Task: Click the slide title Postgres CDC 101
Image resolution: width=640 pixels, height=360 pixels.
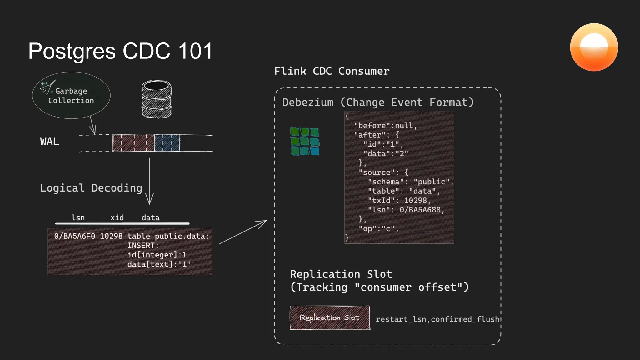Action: pos(120,51)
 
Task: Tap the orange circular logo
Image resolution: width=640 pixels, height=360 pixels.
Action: pos(594,47)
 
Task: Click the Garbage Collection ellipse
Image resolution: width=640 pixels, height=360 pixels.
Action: pos(71,95)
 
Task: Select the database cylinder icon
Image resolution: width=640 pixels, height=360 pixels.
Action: pos(156,99)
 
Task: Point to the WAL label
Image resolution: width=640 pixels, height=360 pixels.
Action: pos(49,142)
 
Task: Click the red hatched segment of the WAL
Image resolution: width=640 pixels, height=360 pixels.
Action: pos(133,143)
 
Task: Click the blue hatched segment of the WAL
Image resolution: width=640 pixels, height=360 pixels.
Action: pos(167,143)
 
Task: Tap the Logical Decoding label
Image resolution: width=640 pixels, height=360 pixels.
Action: pos(91,188)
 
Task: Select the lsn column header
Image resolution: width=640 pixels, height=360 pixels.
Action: pos(78,218)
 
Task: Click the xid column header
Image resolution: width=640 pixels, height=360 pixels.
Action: pos(117,218)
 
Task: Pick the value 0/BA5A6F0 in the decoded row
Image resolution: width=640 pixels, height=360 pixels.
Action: pos(74,236)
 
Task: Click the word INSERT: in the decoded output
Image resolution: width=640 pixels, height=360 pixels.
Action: pos(143,246)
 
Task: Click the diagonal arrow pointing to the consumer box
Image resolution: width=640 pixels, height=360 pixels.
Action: pos(243,232)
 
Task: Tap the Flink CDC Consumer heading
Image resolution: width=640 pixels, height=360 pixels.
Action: pos(332,71)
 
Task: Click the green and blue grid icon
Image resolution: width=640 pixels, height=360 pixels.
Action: pos(305,141)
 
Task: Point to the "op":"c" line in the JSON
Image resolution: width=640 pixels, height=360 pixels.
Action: pos(378,229)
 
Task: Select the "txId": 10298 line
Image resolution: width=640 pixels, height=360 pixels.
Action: pos(399,201)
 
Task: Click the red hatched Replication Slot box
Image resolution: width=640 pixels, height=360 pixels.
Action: pos(330,318)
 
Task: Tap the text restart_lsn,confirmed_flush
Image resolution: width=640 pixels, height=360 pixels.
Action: pos(437,319)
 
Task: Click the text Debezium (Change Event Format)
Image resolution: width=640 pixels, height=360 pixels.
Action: pos(378,102)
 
